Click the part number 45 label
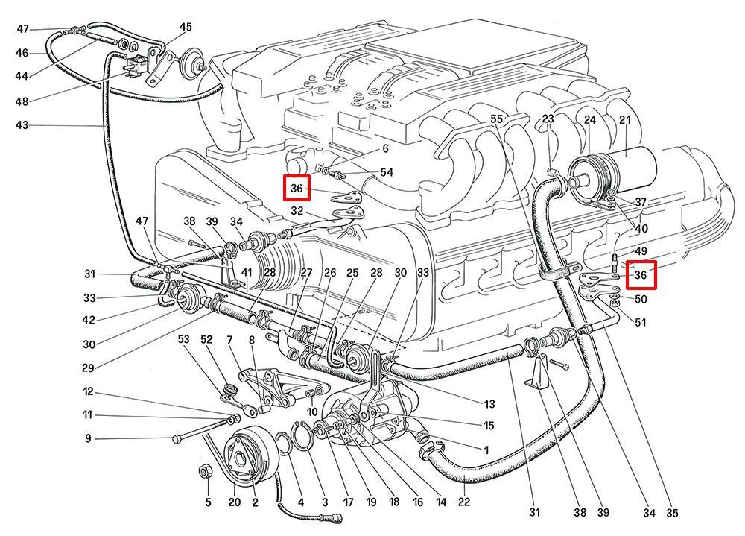coord(186,28)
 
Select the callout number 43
coord(22,125)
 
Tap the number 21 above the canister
coord(625,120)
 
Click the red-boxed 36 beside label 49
coord(641,275)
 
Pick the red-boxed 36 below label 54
coord(297,189)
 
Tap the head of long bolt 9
coord(177,438)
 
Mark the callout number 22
coord(463,502)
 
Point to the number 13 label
coord(489,405)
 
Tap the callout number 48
coord(22,101)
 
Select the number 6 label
coord(386,149)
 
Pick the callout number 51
coord(641,321)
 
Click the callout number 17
coord(347,502)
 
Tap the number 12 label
coord(89,392)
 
